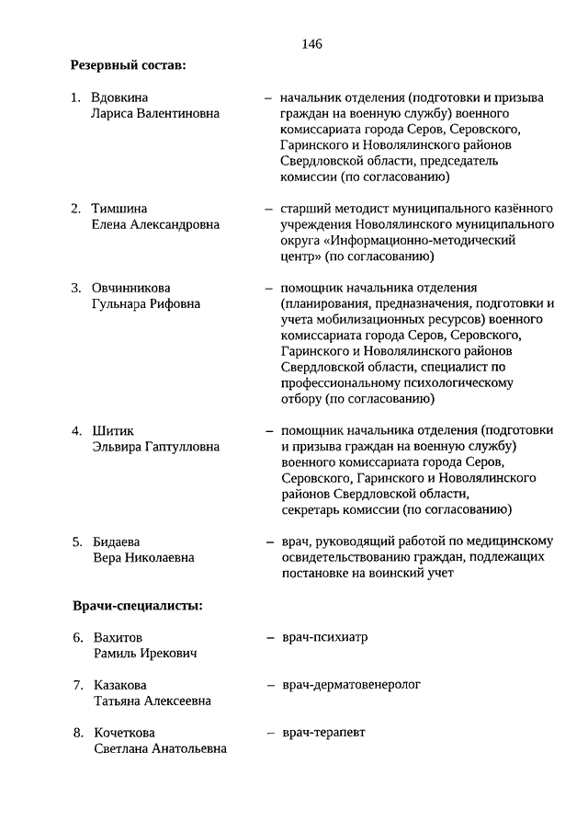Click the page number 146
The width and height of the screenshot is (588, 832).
311,43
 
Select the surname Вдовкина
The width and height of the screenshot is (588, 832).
119,97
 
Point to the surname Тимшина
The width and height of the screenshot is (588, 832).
119,208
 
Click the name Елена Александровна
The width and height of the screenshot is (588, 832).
155,223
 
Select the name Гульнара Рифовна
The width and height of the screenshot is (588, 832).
146,303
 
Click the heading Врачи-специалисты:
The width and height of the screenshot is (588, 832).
137,605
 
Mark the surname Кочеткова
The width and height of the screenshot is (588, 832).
126,733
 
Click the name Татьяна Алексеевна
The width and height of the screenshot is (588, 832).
152,701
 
